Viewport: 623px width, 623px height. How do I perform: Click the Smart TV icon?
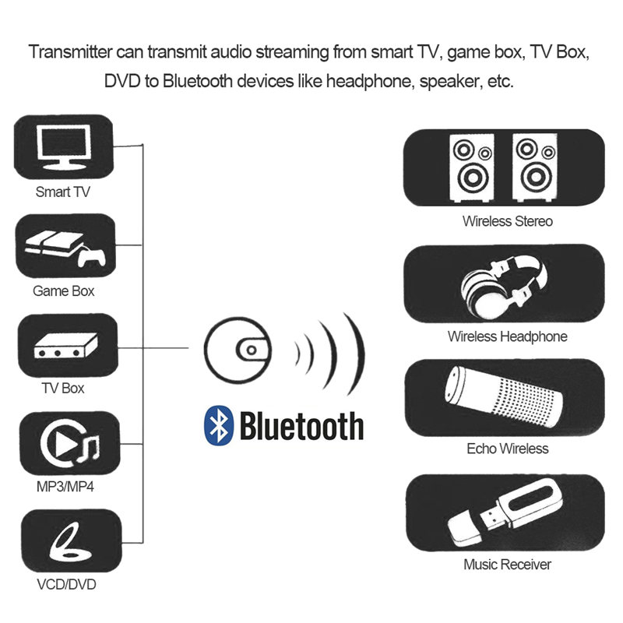64,146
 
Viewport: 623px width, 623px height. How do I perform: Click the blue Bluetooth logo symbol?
219,425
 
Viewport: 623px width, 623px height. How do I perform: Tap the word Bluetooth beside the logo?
301,425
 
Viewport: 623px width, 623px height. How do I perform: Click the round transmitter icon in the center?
238,350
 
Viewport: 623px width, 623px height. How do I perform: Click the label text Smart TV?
64,192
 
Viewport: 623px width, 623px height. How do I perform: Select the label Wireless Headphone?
507,337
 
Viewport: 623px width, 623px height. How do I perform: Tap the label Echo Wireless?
507,449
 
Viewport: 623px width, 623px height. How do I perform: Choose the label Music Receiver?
507,565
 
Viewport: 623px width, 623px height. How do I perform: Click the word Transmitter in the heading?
69,53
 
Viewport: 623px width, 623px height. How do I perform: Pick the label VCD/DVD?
65,583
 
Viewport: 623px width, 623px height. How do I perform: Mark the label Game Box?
64,291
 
